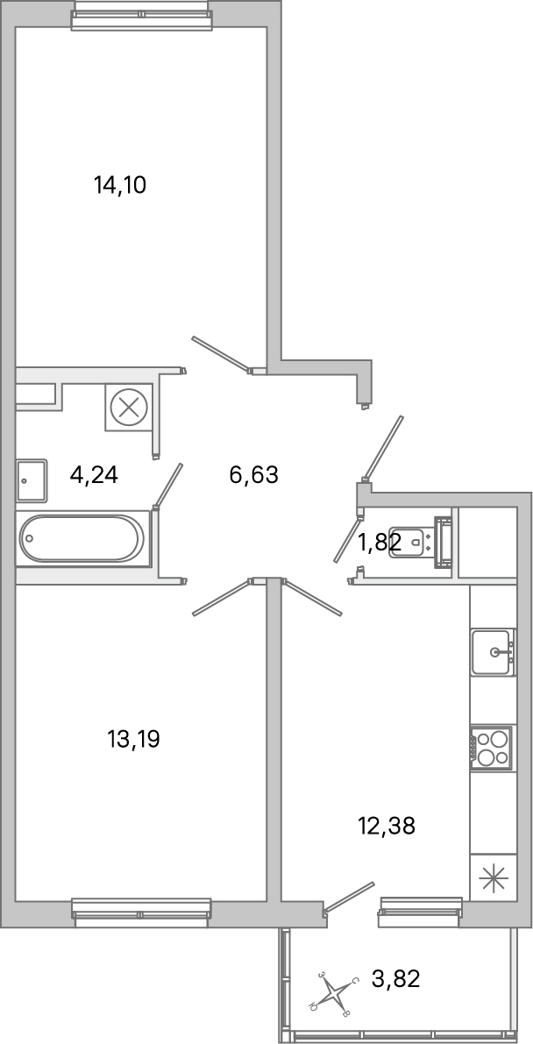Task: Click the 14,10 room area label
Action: tap(119, 185)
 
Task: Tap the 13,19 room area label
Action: tap(133, 740)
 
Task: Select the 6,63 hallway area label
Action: tap(252, 475)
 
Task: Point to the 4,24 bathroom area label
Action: tap(94, 475)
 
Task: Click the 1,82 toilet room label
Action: tap(379, 543)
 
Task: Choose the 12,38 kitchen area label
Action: tap(386, 825)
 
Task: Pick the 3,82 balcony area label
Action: tap(396, 978)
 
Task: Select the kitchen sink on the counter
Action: tap(493, 652)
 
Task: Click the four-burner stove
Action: tap(492, 748)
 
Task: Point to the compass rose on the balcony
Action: tap(333, 994)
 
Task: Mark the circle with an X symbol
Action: tap(129, 408)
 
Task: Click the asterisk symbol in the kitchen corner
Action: tap(493, 877)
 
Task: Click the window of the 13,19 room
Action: tap(141, 912)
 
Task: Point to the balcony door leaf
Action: tap(350, 899)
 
